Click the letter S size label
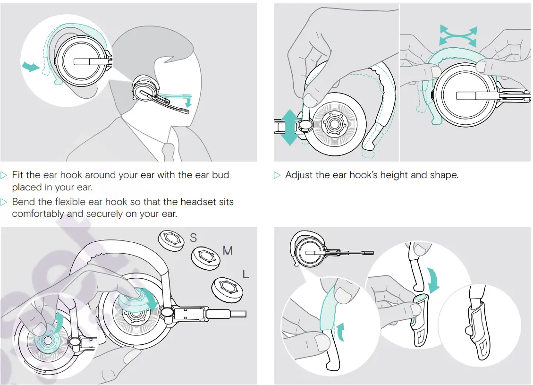(194, 238)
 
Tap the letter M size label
(228, 250)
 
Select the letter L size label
(245, 274)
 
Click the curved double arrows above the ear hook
(458, 36)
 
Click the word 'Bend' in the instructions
(24, 202)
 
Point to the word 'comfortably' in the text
(36, 214)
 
